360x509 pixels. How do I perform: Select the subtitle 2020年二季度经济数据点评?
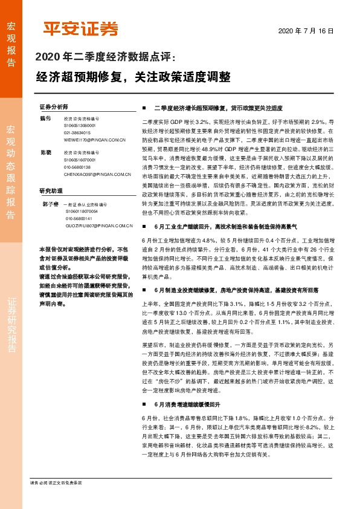106,58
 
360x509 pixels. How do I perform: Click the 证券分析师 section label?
53,105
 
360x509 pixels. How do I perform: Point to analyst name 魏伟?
45,118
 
